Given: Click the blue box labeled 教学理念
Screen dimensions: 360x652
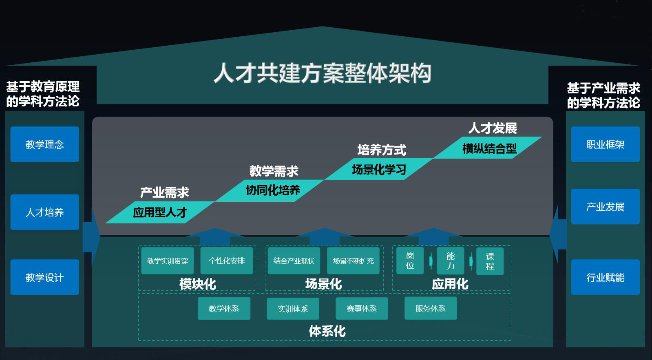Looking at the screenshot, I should point(44,144).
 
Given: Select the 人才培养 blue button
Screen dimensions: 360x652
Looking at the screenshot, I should point(44,212).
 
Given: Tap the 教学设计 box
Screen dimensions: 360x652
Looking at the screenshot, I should point(44,277).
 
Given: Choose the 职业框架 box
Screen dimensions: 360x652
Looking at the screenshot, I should point(605,144).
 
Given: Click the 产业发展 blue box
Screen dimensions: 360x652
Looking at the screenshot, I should point(605,207).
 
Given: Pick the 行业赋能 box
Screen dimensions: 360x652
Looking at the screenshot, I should point(605,277).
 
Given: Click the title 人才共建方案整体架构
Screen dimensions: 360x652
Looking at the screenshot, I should point(322,73).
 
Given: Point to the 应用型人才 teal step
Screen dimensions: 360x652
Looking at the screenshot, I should point(160,212).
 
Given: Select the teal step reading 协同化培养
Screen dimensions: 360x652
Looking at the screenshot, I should point(272,190).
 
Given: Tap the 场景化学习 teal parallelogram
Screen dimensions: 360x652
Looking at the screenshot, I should point(379,169).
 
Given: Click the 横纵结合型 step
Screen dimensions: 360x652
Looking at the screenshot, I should point(489,148).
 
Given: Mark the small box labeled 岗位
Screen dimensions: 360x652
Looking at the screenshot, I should point(410,261).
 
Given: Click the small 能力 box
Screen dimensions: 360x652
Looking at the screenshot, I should point(450,261).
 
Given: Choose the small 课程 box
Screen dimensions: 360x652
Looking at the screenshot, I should point(490,261).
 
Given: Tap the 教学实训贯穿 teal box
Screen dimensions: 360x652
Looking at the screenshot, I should point(168,261).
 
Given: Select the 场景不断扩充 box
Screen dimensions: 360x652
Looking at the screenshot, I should point(353,261).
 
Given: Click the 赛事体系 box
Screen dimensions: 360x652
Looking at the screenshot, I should point(362,309).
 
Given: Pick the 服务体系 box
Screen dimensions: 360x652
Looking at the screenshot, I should point(430,309).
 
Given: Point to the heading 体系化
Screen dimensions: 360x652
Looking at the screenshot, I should point(327,331).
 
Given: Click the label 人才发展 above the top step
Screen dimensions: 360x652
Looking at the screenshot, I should point(493,128).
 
